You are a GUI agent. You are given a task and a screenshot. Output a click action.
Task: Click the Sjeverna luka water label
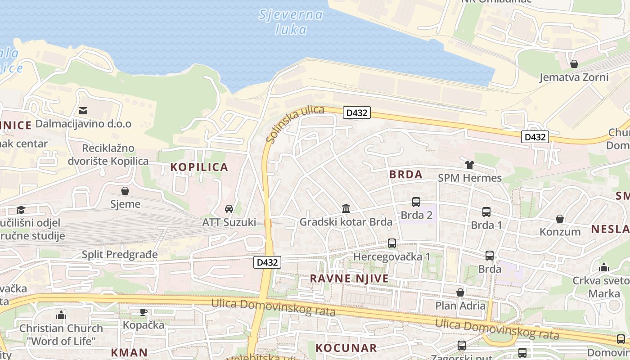[291, 22]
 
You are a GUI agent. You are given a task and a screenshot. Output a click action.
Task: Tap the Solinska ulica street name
[295, 124]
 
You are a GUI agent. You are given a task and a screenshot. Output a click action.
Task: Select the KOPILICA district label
[199, 167]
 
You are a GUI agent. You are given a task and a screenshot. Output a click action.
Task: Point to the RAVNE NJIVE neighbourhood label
[349, 279]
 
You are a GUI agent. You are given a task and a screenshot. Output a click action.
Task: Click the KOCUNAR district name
[346, 348]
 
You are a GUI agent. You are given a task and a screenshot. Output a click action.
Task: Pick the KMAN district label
[129, 352]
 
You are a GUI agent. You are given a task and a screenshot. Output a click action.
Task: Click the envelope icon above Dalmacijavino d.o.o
[83, 110]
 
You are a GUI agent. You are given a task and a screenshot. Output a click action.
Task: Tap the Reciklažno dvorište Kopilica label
[108, 154]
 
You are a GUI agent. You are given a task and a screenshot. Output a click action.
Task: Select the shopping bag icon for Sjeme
[125, 191]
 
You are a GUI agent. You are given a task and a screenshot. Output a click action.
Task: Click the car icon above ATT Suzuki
[229, 209]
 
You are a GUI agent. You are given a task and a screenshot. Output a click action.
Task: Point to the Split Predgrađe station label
[120, 255]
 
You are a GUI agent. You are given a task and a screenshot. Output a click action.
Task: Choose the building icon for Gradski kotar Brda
[346, 208]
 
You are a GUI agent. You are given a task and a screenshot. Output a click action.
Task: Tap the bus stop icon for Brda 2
[416, 202]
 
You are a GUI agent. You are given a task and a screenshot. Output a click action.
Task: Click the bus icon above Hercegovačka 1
[392, 243]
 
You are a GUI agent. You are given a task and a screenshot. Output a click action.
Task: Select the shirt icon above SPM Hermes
[470, 165]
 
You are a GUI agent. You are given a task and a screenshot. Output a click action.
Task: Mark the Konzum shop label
[560, 232]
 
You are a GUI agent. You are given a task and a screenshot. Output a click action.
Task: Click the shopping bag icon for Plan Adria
[460, 293]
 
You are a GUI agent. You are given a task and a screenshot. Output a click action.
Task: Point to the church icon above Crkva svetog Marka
[604, 268]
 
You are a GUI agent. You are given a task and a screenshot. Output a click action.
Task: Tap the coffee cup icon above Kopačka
[144, 312]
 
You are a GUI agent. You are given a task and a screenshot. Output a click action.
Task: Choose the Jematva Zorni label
[574, 77]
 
